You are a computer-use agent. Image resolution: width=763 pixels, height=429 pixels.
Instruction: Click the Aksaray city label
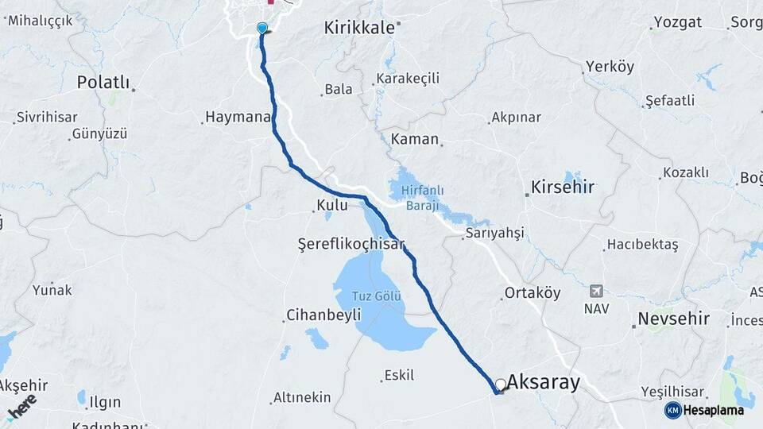(x=544, y=383)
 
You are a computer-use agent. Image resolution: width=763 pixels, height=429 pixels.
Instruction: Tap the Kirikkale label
(x=359, y=29)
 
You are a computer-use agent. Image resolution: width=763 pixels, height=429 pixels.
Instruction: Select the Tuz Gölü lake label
(x=378, y=297)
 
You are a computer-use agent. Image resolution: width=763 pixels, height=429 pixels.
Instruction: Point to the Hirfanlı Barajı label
(x=417, y=196)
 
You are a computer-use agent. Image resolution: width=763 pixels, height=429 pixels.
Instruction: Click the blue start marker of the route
(x=262, y=29)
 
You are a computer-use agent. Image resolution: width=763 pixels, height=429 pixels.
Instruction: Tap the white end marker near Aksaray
(x=501, y=385)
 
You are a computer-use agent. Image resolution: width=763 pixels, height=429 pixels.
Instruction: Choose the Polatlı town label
(x=103, y=82)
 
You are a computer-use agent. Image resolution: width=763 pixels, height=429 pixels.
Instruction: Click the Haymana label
(x=238, y=117)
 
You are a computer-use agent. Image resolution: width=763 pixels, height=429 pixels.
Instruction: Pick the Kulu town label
(x=332, y=206)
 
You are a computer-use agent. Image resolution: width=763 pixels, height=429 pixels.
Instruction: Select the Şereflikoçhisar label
(x=351, y=243)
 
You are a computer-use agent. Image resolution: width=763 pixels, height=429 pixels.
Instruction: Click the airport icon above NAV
(x=596, y=291)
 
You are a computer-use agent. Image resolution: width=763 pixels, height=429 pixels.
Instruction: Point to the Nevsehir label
(x=670, y=320)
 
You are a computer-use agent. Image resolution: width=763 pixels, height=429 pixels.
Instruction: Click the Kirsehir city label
(x=564, y=187)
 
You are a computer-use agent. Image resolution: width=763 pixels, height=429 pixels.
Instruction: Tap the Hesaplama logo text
(x=713, y=410)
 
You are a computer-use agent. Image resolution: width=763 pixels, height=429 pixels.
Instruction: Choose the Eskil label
(x=399, y=375)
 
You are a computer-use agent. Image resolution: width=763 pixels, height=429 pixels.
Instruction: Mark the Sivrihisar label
(x=48, y=117)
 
